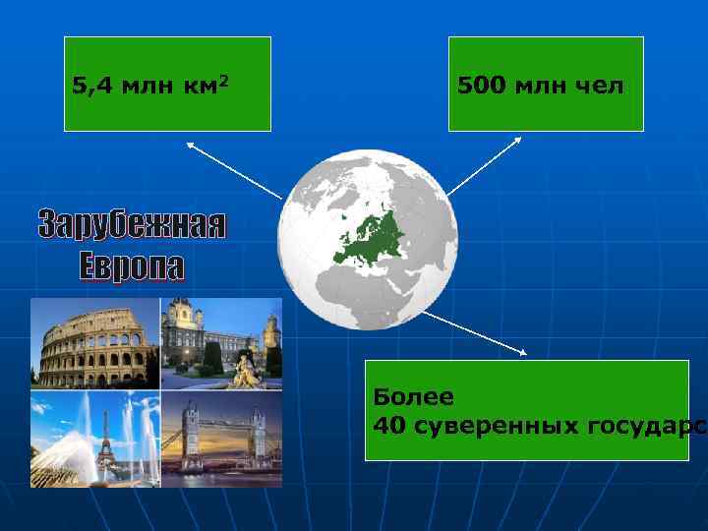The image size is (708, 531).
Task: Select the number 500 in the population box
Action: [479, 86]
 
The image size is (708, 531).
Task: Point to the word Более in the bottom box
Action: [413, 397]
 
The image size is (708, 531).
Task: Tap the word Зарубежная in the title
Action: [132, 225]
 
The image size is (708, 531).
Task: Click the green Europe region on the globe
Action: [369, 237]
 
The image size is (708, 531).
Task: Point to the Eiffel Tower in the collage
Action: [100, 442]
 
